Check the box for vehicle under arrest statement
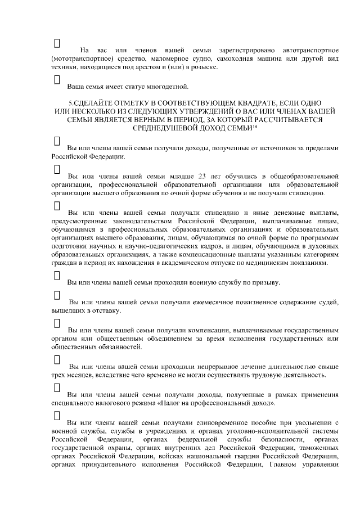pos(56,43)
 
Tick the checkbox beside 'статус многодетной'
pos(56,79)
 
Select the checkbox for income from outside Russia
pos(56,140)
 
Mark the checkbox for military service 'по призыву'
pos(56,275)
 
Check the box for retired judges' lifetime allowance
pos(56,295)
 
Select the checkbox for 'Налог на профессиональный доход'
pos(56,388)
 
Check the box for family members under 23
pos(56,168)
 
